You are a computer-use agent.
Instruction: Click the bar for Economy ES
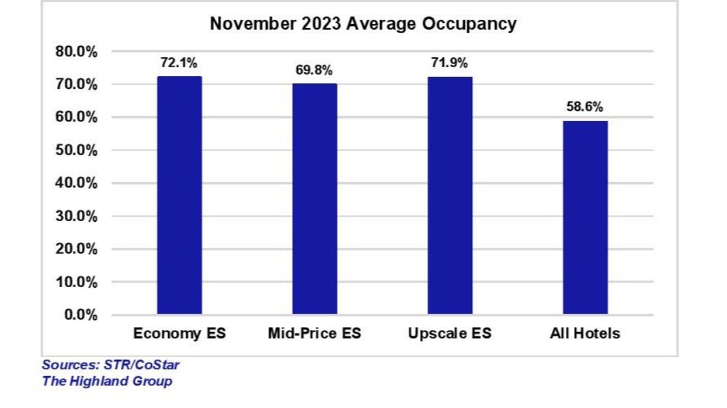click(179, 196)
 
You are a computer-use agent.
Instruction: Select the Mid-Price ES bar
click(315, 199)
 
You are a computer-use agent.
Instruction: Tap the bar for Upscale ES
click(450, 196)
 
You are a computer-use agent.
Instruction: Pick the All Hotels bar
click(585, 218)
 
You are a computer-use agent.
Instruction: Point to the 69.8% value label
click(315, 71)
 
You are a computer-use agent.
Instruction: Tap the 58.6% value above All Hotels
click(585, 107)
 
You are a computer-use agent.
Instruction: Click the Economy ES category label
click(179, 334)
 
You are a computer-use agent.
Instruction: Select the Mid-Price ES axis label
click(315, 334)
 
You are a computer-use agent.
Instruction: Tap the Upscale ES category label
click(450, 334)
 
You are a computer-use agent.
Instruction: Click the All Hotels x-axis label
click(585, 334)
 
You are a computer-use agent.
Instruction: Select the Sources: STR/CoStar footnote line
click(110, 365)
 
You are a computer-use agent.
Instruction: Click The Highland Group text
click(107, 382)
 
